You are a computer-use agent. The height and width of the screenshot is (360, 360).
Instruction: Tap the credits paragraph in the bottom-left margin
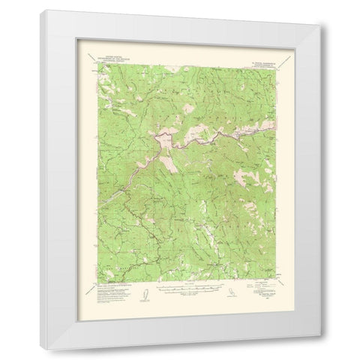(x=105, y=288)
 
